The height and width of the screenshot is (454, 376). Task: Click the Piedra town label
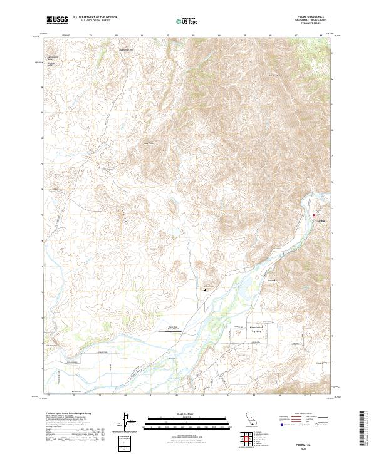[x=321, y=222]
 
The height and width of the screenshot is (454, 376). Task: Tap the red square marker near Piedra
[x=314, y=215]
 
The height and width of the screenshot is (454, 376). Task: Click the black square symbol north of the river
[x=204, y=289]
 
